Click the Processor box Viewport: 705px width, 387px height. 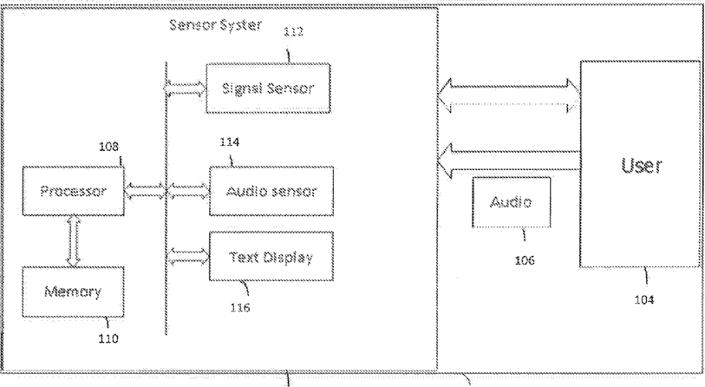pyautogui.click(x=74, y=191)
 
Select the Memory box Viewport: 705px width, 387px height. pyautogui.click(x=74, y=292)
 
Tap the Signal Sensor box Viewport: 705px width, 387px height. pyautogui.click(x=269, y=89)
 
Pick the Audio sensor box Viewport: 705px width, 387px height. pyautogui.click(x=271, y=191)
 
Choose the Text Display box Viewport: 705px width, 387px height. pyautogui.click(x=271, y=257)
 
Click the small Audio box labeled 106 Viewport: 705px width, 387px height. pyautogui.click(x=512, y=202)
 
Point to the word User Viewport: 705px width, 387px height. pyautogui.click(x=641, y=166)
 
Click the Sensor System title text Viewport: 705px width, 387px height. pyautogui.click(x=215, y=25)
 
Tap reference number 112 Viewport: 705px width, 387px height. pyautogui.click(x=293, y=31)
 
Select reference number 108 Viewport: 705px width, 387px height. pyautogui.click(x=108, y=147)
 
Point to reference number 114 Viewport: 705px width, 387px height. pyautogui.click(x=229, y=142)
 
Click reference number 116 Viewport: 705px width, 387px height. pyautogui.click(x=240, y=308)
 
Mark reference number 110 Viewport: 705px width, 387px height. pyautogui.click(x=108, y=338)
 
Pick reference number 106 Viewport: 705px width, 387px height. pyautogui.click(x=525, y=260)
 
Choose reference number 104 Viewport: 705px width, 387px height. pyautogui.click(x=643, y=299)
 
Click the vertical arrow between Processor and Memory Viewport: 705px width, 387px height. pyautogui.click(x=74, y=241)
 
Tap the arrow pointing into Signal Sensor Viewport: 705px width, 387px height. pyautogui.click(x=186, y=89)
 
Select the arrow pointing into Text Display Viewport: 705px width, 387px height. pyautogui.click(x=188, y=257)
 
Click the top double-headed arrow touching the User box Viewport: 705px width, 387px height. pyautogui.click(x=509, y=95)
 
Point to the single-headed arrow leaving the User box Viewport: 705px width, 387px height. pyautogui.click(x=509, y=161)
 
